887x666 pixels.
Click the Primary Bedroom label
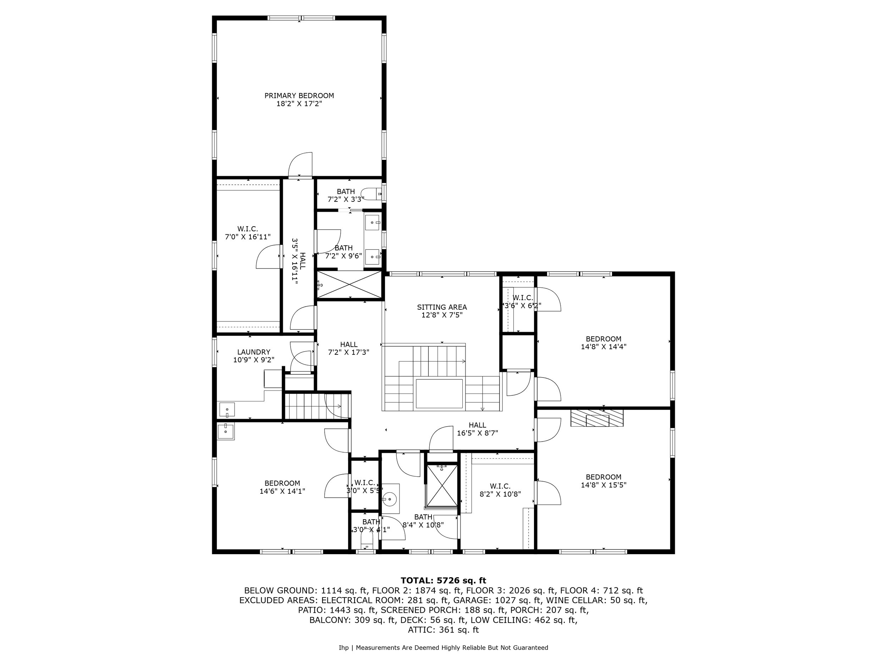tap(299, 96)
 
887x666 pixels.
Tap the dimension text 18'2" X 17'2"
tap(299, 104)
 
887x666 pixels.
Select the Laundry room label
tap(253, 352)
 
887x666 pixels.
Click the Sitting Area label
tap(441, 307)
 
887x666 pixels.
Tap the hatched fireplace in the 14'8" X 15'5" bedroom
tap(597, 418)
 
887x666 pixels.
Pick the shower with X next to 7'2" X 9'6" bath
tap(349, 285)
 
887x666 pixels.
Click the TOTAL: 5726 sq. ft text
tap(443, 580)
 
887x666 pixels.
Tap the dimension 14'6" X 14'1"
tap(282, 491)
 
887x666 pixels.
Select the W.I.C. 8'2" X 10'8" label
tap(500, 490)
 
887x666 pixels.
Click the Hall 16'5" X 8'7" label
tap(477, 429)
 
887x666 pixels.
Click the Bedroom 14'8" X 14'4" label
tap(603, 342)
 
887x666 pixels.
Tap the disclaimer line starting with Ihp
tap(443, 648)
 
